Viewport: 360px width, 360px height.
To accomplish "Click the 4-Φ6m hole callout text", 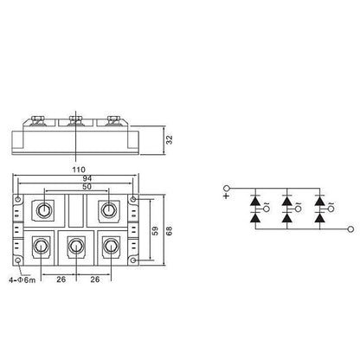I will pyautogui.click(x=20, y=280).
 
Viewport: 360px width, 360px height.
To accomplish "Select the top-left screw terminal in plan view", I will pyautogui.click(x=43, y=209).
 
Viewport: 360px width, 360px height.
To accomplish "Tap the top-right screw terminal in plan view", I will pyautogui.click(x=108, y=209).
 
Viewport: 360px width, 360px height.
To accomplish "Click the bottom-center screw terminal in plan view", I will pyautogui.click(x=75, y=248).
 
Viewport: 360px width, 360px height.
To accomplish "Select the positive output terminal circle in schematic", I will pyautogui.click(x=228, y=187).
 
